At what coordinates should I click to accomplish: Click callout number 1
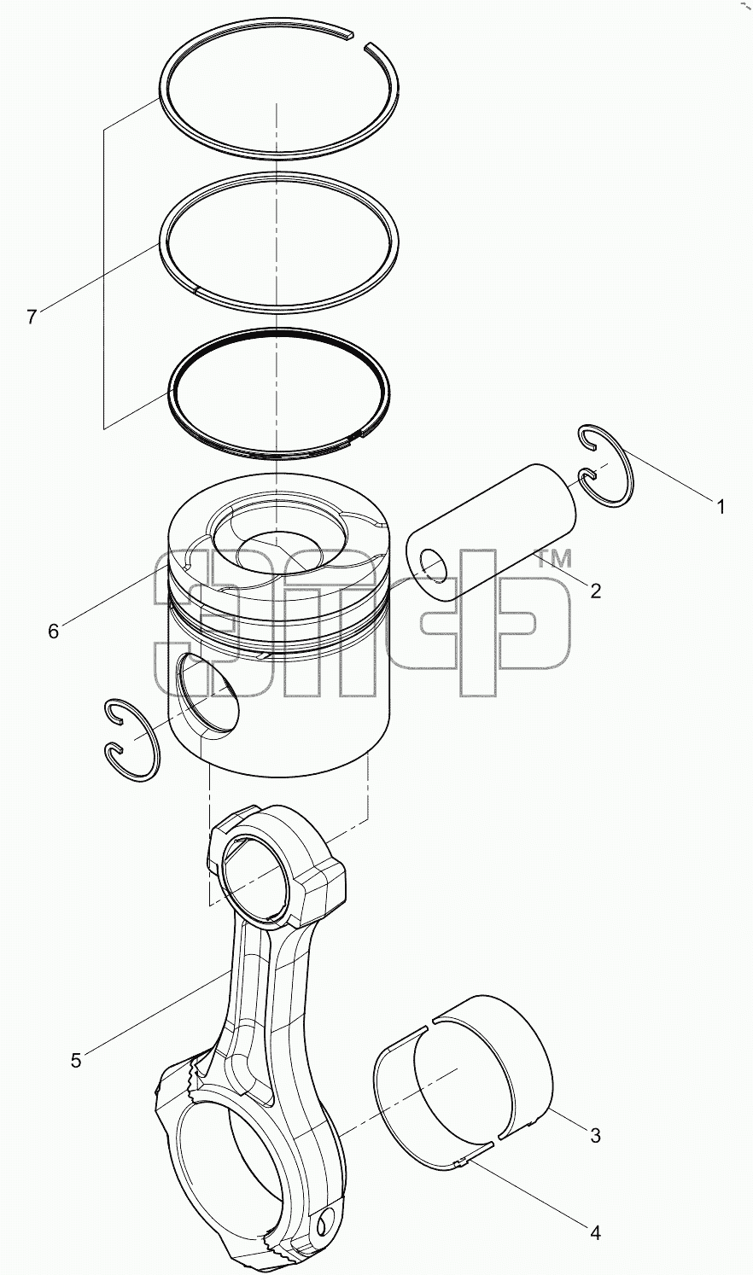point(721,506)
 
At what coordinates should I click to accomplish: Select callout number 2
point(595,591)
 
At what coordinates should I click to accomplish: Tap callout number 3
point(595,1136)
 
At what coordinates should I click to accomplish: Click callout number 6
point(53,632)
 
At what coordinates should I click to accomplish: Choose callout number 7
point(32,317)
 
